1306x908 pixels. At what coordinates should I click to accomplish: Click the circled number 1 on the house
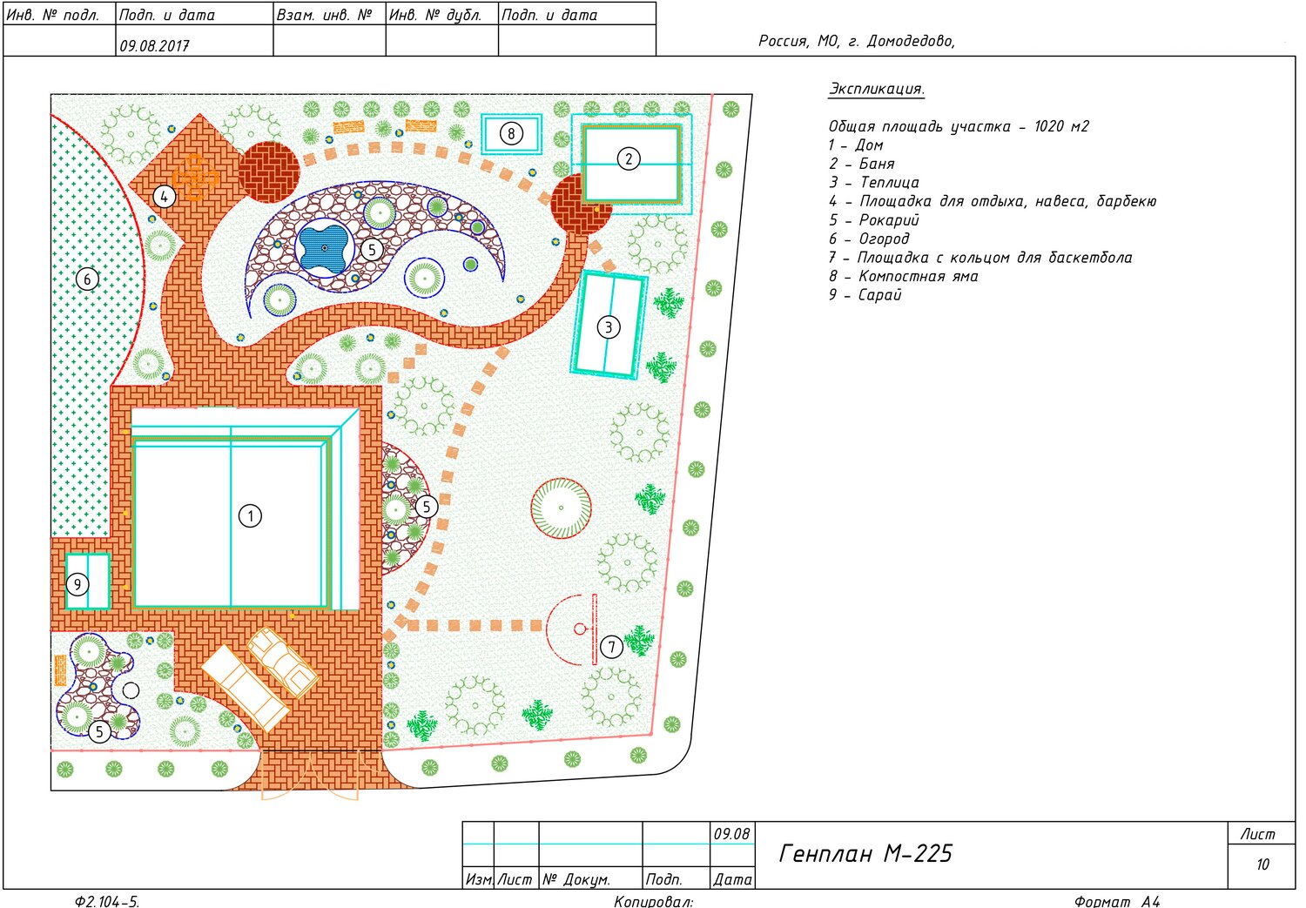[251, 516]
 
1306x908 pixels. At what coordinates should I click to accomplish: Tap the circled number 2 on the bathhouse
[629, 158]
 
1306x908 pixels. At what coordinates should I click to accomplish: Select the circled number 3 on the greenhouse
[609, 327]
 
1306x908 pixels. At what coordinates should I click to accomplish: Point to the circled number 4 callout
[164, 197]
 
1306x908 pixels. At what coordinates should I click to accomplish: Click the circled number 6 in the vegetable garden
[87, 279]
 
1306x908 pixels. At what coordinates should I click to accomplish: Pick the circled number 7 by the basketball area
[611, 647]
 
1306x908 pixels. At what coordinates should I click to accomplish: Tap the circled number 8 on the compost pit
[511, 134]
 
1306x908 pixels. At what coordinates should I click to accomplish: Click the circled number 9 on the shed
[77, 584]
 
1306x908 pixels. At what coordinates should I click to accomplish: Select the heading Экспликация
[876, 89]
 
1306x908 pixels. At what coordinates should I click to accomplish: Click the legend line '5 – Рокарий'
[874, 220]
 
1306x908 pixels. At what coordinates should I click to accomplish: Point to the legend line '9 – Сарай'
[865, 295]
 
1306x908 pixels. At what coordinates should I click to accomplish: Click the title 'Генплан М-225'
[865, 854]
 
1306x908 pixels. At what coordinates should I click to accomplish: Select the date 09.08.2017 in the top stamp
[154, 46]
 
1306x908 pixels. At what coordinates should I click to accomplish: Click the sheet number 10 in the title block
[1262, 864]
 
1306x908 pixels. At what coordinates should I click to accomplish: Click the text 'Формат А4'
[1117, 901]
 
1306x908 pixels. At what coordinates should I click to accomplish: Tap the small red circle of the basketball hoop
[580, 629]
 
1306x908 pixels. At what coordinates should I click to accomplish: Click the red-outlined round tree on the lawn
[561, 508]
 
